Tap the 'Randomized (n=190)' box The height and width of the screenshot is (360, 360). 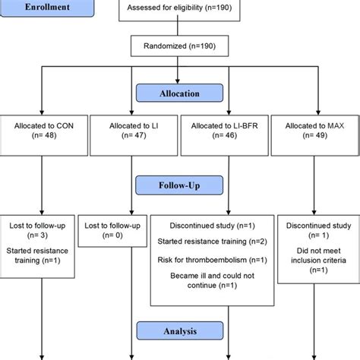(179, 46)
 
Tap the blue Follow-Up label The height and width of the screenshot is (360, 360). (180, 185)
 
